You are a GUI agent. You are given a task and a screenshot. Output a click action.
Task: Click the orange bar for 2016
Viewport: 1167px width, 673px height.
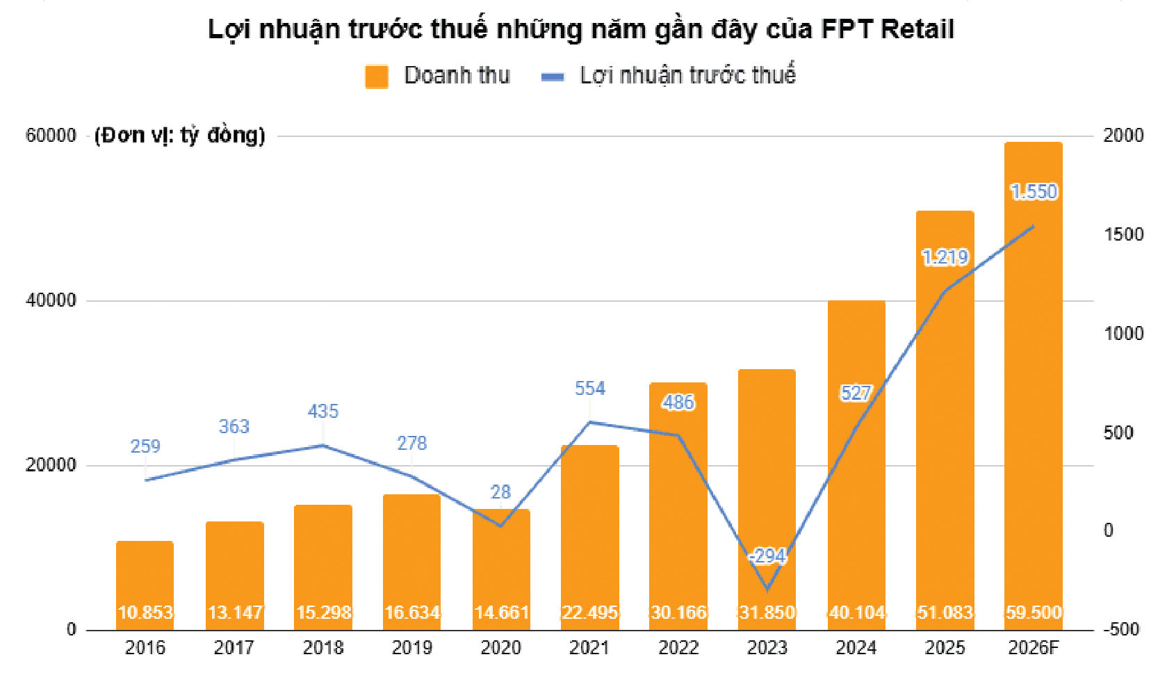[x=145, y=585]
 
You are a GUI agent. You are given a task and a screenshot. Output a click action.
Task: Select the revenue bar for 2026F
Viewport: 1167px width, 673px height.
[x=1034, y=386]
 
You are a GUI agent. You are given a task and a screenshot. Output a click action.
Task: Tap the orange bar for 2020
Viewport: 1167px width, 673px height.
[x=501, y=569]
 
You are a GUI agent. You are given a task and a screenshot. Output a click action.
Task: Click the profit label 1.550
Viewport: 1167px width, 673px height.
[x=1034, y=192]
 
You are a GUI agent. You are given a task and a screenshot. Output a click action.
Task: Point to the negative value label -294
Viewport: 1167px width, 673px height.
[x=767, y=556]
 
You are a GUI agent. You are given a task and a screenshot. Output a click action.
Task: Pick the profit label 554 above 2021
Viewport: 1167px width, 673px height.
[x=589, y=389]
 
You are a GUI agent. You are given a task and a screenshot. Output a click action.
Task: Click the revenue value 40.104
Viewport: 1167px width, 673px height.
[x=856, y=612]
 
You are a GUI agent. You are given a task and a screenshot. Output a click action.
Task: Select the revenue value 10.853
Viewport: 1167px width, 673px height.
[x=145, y=612]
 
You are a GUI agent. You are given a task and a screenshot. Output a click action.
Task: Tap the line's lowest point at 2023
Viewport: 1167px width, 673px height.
[x=767, y=590]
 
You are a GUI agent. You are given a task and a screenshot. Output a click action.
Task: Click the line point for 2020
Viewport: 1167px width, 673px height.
[x=500, y=526]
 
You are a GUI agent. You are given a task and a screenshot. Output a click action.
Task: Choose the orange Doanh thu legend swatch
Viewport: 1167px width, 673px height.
[x=377, y=76]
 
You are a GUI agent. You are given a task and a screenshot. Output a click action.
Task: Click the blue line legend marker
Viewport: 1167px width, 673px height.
[x=553, y=77]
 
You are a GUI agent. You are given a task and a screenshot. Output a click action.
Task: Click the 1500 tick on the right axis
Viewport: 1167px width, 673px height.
[x=1123, y=234]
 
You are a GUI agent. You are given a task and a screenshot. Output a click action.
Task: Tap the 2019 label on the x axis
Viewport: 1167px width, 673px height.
[x=411, y=648]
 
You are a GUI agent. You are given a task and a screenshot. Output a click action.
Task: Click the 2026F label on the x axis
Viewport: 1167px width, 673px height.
[x=1034, y=648]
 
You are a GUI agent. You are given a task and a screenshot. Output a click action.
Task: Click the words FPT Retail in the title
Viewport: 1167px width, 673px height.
[x=888, y=29]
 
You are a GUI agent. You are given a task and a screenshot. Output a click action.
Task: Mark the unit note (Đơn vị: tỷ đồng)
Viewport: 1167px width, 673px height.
[x=180, y=136]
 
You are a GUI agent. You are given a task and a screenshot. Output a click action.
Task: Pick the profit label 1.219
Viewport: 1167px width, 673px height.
[x=945, y=257]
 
